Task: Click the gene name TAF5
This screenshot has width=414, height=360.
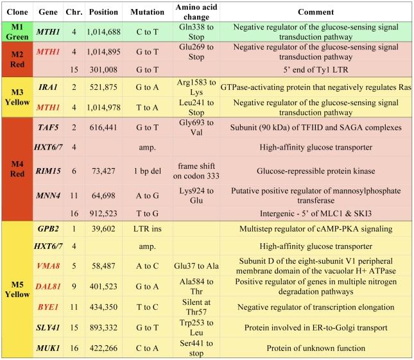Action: (49, 128)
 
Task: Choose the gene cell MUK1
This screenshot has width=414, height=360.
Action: (49, 348)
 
